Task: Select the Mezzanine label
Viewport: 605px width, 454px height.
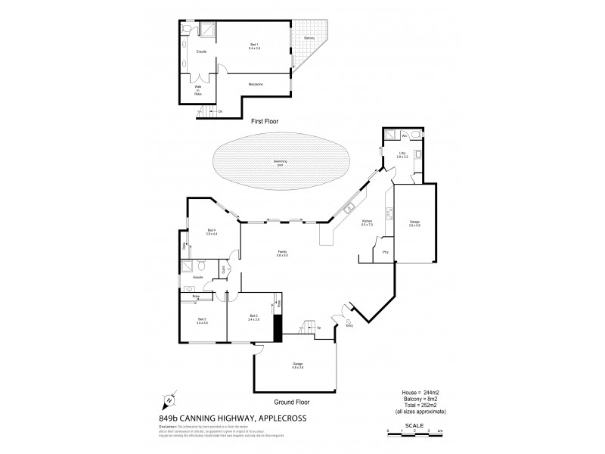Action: click(x=254, y=84)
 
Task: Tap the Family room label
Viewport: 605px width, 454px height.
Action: click(x=282, y=255)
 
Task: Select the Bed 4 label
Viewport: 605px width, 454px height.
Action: click(x=213, y=232)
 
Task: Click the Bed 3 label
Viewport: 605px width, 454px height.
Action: click(x=202, y=322)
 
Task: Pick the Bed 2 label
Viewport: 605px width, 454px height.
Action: click(x=253, y=318)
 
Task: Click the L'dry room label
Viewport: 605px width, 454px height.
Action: click(x=403, y=155)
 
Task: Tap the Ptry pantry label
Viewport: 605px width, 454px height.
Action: click(x=385, y=250)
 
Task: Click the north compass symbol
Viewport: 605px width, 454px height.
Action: click(x=169, y=401)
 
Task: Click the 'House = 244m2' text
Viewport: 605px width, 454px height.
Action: click(x=420, y=393)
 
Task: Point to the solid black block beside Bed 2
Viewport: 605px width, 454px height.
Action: click(x=277, y=327)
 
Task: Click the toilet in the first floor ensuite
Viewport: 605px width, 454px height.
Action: click(x=186, y=28)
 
